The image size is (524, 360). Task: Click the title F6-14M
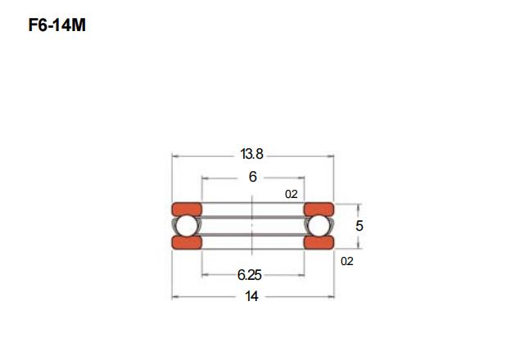[57, 25]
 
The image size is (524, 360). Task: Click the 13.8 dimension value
[251, 154]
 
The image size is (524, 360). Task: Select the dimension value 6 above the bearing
[253, 177]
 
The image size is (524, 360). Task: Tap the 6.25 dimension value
[249, 275]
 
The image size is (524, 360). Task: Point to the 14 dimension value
[251, 296]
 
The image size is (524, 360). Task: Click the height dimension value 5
[359, 226]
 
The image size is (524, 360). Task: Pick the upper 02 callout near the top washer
[291, 194]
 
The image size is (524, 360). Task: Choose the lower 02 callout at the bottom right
[347, 261]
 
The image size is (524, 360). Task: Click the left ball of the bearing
[187, 226]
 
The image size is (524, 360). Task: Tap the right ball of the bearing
[318, 226]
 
